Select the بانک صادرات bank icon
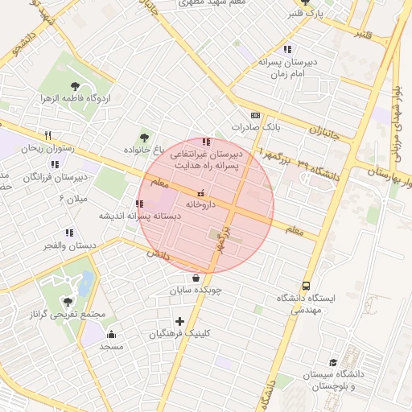click(x=255, y=115)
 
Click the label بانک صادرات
click(x=254, y=127)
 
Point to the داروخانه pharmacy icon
click(x=201, y=193)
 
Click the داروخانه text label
click(x=201, y=205)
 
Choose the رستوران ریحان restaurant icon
click(x=47, y=135)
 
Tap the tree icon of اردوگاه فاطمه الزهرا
click(x=75, y=85)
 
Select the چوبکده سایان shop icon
click(x=196, y=278)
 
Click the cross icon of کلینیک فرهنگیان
click(x=179, y=321)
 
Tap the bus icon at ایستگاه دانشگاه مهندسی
click(x=306, y=286)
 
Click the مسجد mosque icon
click(x=111, y=334)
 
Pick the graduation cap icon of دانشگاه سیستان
click(x=332, y=363)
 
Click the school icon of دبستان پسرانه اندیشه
click(x=139, y=204)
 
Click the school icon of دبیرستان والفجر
click(x=69, y=233)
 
